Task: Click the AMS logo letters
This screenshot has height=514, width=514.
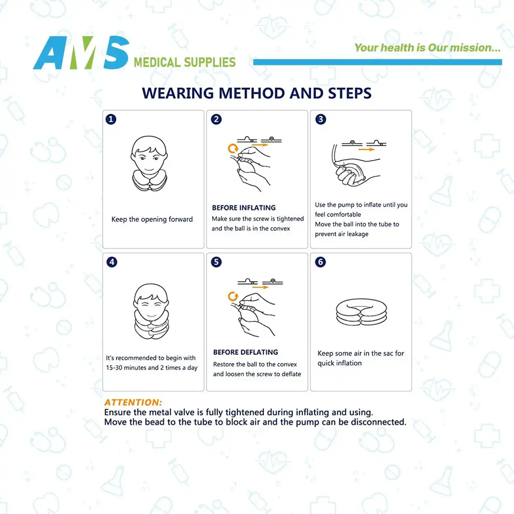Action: coord(81,53)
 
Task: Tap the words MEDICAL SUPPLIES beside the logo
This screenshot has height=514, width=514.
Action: coord(185,63)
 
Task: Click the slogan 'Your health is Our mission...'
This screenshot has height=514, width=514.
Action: coord(427,48)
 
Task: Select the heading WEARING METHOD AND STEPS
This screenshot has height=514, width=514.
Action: coord(257,93)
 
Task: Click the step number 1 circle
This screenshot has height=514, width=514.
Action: coord(111,119)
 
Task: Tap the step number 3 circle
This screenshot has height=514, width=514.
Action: coord(321,119)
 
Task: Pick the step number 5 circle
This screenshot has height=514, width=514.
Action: coord(216,262)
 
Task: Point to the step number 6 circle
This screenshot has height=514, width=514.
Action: coord(321,262)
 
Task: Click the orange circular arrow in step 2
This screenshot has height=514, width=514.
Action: coord(233,148)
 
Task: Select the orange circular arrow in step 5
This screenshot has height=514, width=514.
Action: coord(233,296)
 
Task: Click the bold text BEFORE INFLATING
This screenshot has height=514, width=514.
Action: coord(244,208)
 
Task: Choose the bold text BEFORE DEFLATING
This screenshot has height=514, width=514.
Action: coord(245,352)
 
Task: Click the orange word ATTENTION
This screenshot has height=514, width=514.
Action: coord(133,402)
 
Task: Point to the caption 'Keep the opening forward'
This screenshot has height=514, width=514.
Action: coord(152,219)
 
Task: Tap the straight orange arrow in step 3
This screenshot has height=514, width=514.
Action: coord(366,150)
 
